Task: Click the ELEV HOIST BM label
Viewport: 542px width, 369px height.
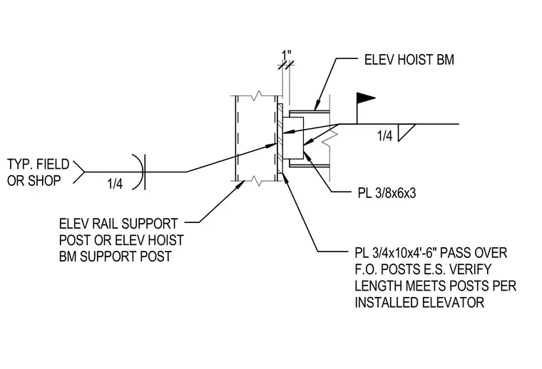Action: (x=409, y=60)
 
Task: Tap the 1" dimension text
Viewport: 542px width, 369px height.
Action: (x=287, y=56)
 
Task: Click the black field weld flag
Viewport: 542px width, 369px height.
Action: (x=366, y=98)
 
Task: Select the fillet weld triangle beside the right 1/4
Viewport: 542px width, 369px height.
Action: (x=406, y=132)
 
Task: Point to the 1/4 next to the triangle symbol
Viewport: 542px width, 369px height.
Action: (x=385, y=135)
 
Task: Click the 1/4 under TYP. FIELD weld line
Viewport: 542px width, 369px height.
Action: (x=115, y=184)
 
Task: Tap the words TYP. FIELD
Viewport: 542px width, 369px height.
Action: (x=38, y=165)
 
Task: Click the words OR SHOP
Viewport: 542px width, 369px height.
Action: (x=34, y=180)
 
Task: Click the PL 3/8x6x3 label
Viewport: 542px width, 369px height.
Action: (x=387, y=193)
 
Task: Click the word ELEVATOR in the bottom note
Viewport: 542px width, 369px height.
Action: (x=452, y=302)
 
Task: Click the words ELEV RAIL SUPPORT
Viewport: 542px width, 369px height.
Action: (x=118, y=224)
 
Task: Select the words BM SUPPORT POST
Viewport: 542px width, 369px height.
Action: (x=116, y=256)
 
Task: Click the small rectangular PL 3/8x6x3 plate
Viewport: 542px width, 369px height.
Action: (x=293, y=138)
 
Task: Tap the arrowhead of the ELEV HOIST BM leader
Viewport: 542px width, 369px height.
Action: (x=316, y=105)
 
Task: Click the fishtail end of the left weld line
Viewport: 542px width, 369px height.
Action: (x=79, y=172)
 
